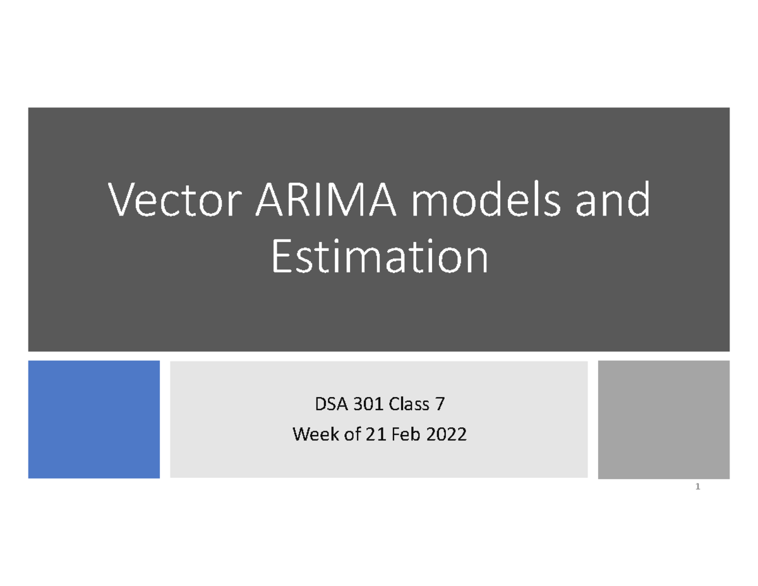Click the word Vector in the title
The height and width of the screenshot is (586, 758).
(176, 200)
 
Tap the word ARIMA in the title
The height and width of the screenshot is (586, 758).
(327, 200)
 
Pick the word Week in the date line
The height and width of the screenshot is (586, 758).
(310, 435)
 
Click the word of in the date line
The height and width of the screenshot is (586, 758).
(344, 435)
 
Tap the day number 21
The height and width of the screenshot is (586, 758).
(369, 435)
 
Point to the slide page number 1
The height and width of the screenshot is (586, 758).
(697, 487)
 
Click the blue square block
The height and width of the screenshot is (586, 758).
(93, 419)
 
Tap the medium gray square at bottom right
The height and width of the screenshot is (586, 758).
(663, 419)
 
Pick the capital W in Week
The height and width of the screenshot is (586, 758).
(300, 435)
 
